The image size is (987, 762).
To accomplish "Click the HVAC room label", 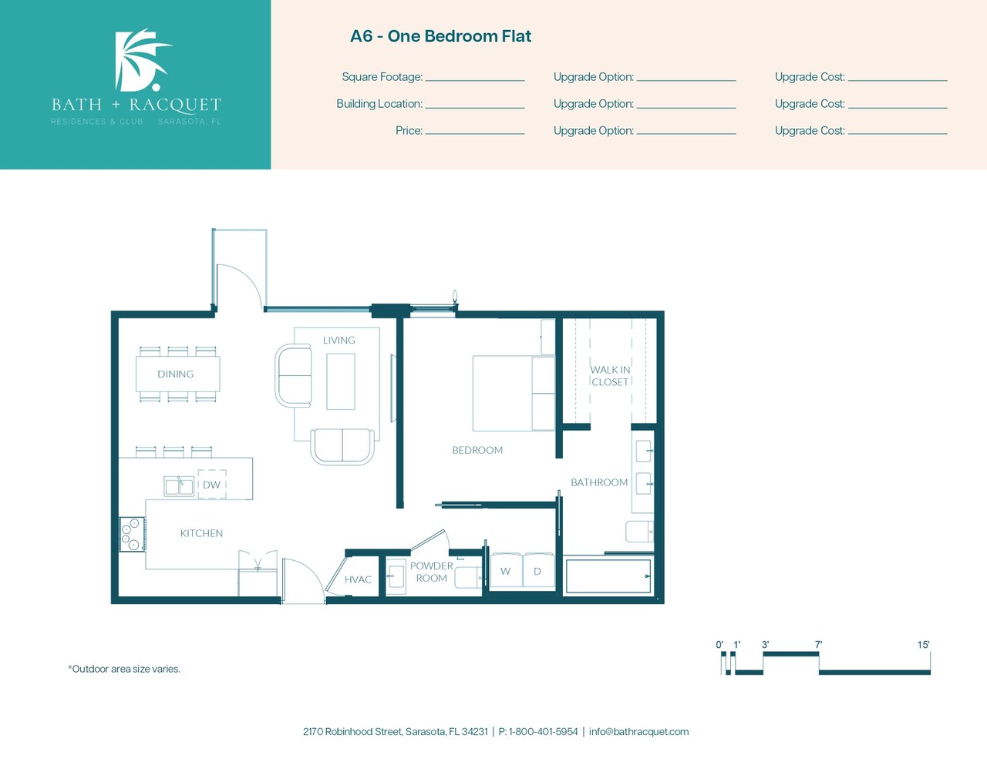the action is [358, 579].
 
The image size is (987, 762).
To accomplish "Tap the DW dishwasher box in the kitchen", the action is [212, 485].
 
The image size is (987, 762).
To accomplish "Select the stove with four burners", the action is [132, 534].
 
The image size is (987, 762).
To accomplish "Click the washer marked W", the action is [506, 570].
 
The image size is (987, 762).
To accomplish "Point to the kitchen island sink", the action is [178, 486].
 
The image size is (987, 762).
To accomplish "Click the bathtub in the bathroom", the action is [608, 576].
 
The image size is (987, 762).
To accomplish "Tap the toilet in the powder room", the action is [468, 578].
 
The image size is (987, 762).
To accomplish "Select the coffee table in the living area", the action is [341, 381].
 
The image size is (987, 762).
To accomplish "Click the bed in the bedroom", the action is [514, 393].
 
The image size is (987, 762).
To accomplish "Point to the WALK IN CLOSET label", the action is [610, 376].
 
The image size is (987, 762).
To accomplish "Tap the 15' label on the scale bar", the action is [924, 644].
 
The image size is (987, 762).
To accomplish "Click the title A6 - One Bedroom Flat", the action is [440, 36].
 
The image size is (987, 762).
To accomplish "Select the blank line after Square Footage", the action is [475, 81].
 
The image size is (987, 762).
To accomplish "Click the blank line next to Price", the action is [475, 134].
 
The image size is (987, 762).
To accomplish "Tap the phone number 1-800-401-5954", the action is [544, 732].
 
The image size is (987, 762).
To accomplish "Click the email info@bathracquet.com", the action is [638, 732].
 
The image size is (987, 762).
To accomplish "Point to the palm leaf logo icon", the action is [141, 59].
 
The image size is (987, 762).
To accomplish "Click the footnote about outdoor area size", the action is [124, 669].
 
